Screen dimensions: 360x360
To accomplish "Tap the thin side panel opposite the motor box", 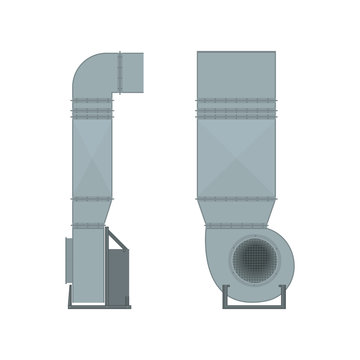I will point(69,265).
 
